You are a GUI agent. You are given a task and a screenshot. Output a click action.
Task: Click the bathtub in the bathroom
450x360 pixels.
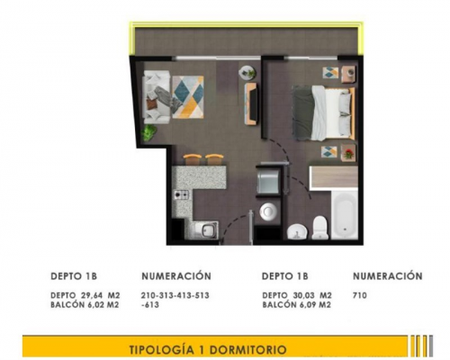pyautogui.click(x=345, y=214)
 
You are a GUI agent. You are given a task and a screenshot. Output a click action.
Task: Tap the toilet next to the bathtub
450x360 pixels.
pyautogui.click(x=319, y=228)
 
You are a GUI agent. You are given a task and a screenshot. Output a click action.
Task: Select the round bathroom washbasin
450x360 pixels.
pyautogui.click(x=297, y=232)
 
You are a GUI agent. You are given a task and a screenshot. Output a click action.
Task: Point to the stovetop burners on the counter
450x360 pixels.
pyautogui.click(x=182, y=195)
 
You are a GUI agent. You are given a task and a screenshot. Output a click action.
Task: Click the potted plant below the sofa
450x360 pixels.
pyautogui.click(x=149, y=132)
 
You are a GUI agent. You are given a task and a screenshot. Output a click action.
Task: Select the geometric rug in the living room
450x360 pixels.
pyautogui.click(x=188, y=97)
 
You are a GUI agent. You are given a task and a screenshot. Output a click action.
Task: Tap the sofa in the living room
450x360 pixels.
pyautogui.click(x=157, y=97)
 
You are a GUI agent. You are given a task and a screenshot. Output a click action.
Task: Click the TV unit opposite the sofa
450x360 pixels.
pyautogui.click(x=251, y=103)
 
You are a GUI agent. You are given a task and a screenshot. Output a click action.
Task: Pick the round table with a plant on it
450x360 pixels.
pyautogui.click(x=247, y=73)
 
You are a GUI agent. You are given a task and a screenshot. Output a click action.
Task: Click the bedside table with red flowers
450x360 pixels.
pyautogui.click(x=348, y=152)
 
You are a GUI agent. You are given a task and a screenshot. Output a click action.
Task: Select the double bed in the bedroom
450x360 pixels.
pyautogui.click(x=323, y=112)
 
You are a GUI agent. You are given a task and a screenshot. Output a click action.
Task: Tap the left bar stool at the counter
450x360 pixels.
pyautogui.click(x=193, y=159)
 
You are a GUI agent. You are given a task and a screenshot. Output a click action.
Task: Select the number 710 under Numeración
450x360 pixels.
pyautogui.click(x=360, y=295)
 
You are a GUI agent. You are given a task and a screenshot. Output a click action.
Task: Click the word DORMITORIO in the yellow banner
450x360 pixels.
pyautogui.click(x=247, y=349)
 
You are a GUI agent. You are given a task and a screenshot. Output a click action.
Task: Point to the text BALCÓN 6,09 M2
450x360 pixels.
pyautogui.click(x=296, y=305)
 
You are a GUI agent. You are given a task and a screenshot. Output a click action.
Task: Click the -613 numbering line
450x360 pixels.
pyautogui.click(x=150, y=305)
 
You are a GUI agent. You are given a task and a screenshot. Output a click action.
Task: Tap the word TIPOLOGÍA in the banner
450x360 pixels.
pyautogui.click(x=162, y=349)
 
